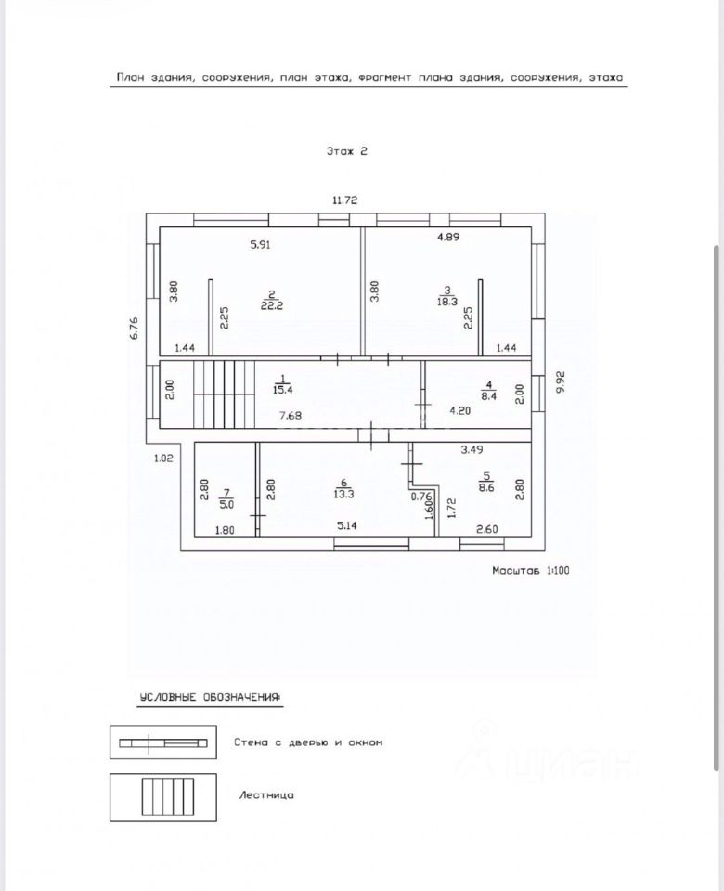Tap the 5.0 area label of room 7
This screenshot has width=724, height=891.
tap(226, 505)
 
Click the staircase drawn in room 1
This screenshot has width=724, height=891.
tap(224, 394)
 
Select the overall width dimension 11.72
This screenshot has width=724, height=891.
tap(345, 200)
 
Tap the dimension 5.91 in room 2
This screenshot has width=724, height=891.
tap(262, 246)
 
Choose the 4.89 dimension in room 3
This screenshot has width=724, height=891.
tap(449, 237)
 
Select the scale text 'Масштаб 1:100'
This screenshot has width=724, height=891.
tap(531, 571)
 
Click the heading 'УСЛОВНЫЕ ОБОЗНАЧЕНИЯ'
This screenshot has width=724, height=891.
tap(210, 697)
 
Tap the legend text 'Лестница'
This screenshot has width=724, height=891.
tap(266, 794)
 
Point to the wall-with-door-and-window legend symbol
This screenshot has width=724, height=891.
tap(163, 742)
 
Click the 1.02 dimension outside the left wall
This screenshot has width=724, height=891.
tap(163, 457)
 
